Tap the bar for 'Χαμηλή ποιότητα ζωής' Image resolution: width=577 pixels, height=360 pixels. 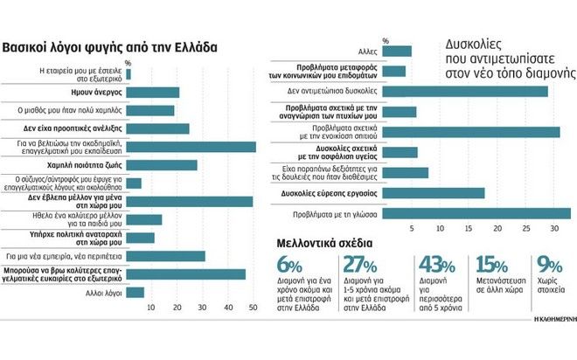pyautogui.click(x=162, y=164)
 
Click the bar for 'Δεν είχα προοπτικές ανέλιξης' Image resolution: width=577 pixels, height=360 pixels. pyautogui.click(x=157, y=128)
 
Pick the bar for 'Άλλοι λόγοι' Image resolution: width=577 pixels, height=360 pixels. pyautogui.click(x=136, y=292)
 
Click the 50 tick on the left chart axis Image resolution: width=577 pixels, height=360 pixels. pyautogui.click(x=253, y=308)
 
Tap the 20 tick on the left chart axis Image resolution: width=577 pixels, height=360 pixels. pyautogui.click(x=177, y=308)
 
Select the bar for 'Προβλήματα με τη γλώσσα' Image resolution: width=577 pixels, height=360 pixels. pyautogui.click(x=477, y=213)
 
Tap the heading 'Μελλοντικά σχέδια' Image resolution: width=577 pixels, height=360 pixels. pyautogui.click(x=325, y=242)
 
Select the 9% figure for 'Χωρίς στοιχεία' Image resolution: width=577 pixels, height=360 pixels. pyautogui.click(x=549, y=266)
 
